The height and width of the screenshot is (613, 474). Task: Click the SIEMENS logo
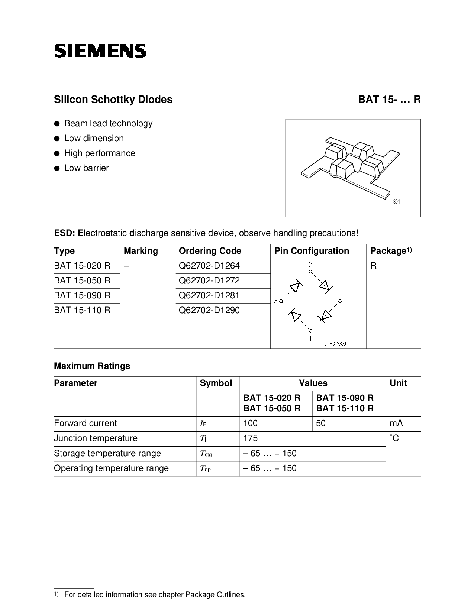point(100,51)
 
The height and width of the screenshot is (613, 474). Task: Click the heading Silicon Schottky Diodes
point(113,100)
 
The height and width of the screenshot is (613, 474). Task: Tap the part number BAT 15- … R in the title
point(389,100)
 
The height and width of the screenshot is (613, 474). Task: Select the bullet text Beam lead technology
point(108,123)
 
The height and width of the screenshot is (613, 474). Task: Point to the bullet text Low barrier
point(86,168)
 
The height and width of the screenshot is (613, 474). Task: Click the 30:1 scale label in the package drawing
point(396,202)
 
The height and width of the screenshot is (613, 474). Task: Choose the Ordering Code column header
point(210,251)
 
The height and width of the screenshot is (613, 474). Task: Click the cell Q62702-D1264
point(209,266)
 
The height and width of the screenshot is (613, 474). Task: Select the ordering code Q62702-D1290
point(209,310)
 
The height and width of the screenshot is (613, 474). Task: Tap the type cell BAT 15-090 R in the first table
point(82,295)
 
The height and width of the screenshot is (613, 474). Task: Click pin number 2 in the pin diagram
point(310,265)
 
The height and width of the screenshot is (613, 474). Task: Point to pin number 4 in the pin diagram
point(310,338)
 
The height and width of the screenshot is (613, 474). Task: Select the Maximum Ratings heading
point(92,366)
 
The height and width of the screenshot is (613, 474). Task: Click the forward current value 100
point(250,423)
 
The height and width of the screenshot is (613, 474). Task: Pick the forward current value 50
point(320,423)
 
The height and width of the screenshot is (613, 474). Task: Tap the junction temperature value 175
point(250,438)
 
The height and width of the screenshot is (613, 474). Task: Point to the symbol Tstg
point(206,454)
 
